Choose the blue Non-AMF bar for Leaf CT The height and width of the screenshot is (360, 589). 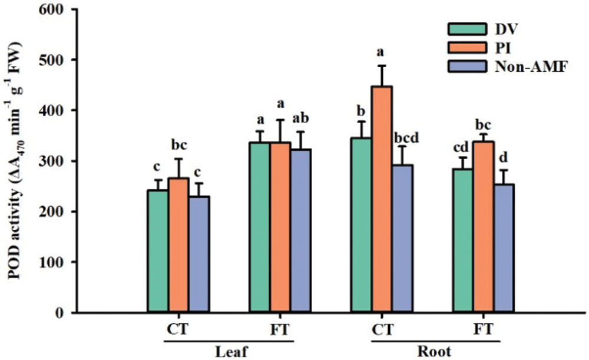coord(198,254)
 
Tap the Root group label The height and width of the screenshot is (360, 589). coord(434,352)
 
